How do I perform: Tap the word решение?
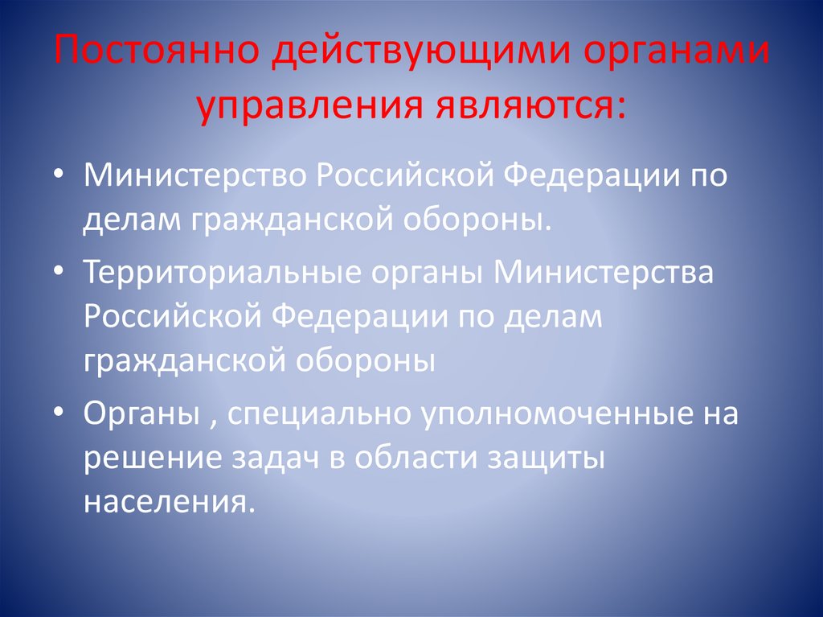coord(149,458)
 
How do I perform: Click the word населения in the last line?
coord(169,501)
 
